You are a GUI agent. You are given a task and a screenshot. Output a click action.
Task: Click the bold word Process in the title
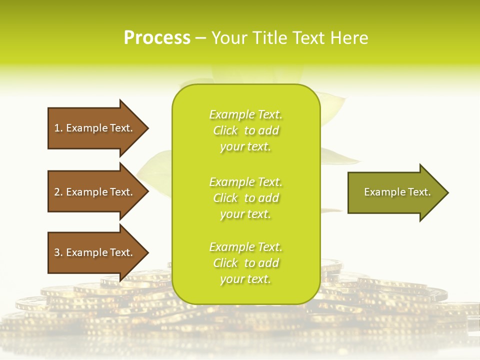157,37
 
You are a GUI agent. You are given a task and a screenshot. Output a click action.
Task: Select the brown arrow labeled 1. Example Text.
95,128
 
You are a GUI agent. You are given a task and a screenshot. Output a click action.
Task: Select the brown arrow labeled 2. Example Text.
95,192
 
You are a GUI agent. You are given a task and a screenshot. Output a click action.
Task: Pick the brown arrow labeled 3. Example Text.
95,252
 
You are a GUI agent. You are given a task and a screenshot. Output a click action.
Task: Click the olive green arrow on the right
395,192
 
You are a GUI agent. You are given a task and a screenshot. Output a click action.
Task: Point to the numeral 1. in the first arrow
58,128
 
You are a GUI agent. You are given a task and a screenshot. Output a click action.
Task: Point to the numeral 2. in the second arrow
58,192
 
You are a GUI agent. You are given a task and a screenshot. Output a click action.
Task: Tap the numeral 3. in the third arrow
58,252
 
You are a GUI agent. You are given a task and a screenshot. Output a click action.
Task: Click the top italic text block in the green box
245,130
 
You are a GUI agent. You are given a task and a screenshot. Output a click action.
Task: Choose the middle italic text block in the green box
245,198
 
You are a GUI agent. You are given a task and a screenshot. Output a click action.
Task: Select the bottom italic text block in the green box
245,263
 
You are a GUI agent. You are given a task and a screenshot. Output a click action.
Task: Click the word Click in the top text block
225,130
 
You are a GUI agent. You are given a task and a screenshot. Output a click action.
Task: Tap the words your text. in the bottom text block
245,279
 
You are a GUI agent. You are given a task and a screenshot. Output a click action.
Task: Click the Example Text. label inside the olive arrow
397,192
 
